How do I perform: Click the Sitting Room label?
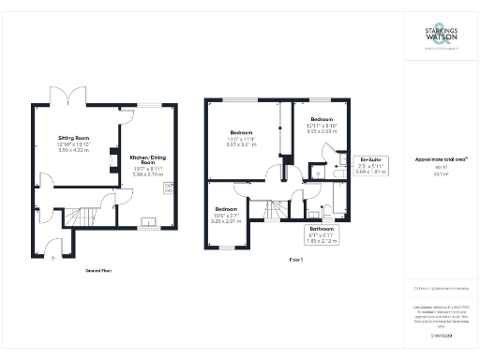point(72,143)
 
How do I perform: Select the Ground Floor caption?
point(100,270)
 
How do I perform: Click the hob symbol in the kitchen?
point(170,188)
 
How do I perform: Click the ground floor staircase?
point(91,217)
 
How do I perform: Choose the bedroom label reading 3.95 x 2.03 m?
point(322,127)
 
